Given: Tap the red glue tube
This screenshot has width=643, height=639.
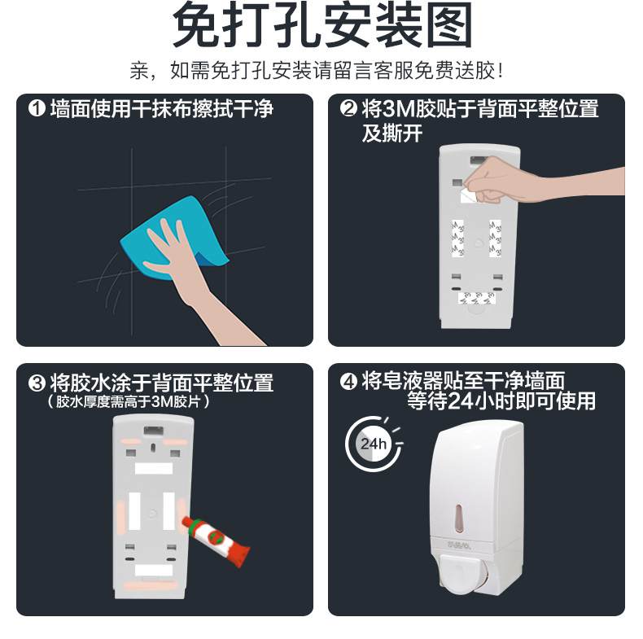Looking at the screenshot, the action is tap(217, 541).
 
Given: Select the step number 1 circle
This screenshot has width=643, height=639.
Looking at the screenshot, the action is tap(37, 109).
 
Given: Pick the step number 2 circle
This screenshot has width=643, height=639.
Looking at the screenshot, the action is tap(348, 108).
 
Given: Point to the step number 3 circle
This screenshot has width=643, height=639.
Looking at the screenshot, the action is tap(37, 383).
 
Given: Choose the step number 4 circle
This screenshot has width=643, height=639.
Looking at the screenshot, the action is tap(348, 382).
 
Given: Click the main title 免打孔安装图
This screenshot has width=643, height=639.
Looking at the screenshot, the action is tap(322, 25).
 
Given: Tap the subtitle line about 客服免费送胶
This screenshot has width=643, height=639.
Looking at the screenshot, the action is tap(316, 71).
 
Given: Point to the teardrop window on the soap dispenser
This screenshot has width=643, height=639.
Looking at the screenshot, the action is tap(459, 519).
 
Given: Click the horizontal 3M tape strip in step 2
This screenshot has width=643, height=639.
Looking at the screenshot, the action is tap(476, 298).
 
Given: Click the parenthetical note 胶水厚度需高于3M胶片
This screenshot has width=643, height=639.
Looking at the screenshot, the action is tap(128, 401).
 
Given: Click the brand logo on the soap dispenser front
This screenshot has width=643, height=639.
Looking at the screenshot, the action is tap(459, 545).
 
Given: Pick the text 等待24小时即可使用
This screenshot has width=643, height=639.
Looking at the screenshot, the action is tap(501, 401).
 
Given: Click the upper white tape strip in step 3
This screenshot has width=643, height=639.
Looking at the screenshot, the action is tap(154, 468).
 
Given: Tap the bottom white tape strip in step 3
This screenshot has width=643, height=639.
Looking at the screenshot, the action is tap(154, 571).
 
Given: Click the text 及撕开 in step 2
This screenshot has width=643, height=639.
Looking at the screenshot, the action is tap(392, 133).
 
